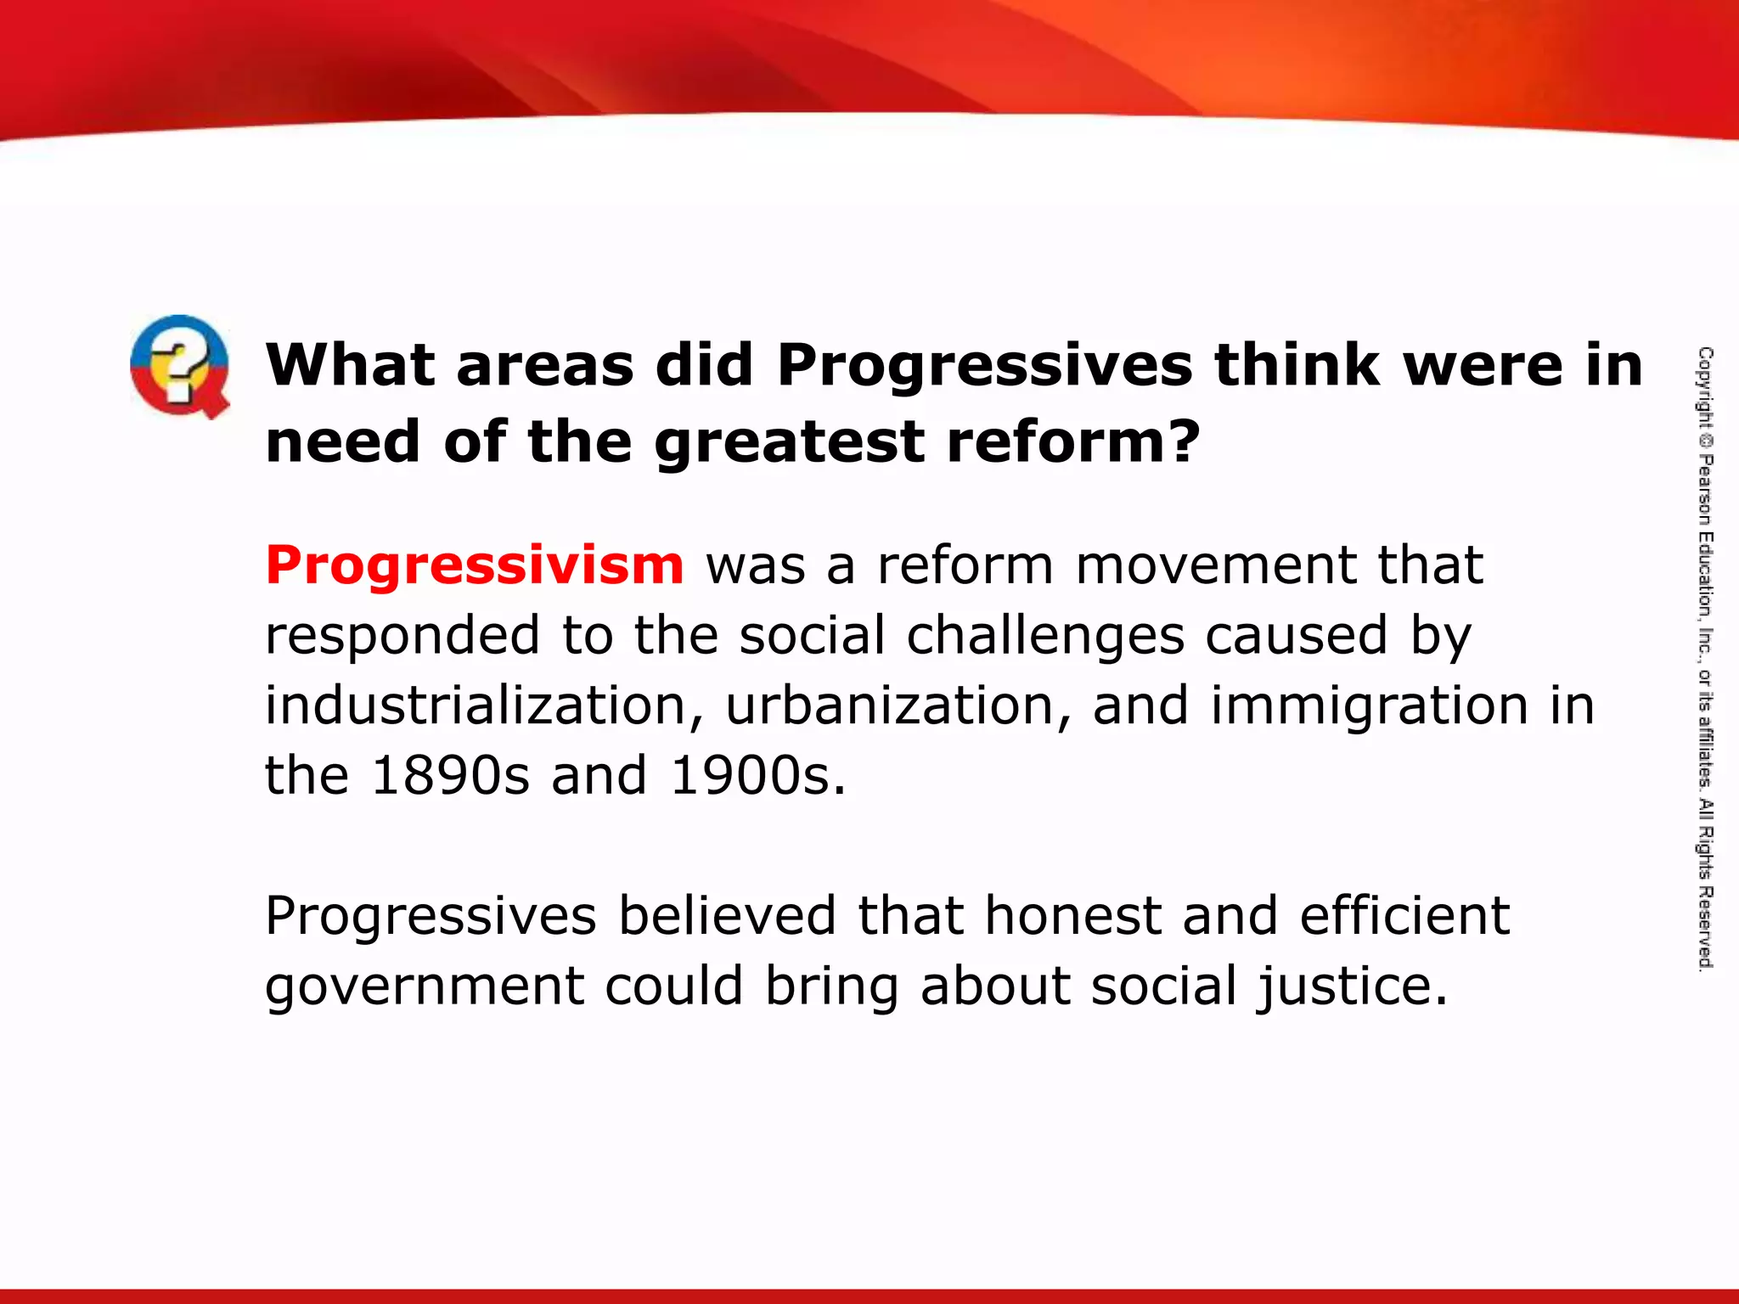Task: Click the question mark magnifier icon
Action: click(x=179, y=366)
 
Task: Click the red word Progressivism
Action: click(x=475, y=565)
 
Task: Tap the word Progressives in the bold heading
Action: click(x=984, y=366)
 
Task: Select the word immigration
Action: click(x=1369, y=705)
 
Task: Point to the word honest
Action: click(x=1072, y=916)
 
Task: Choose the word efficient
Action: click(x=1404, y=916)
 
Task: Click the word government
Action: click(x=425, y=986)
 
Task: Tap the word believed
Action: click(x=727, y=916)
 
